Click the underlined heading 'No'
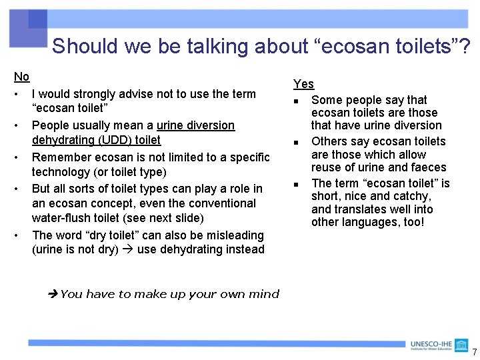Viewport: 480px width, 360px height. click(x=22, y=77)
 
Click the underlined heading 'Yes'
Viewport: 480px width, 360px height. click(x=303, y=84)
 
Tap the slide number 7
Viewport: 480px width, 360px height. click(x=474, y=352)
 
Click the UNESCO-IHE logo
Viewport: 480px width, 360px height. click(x=431, y=345)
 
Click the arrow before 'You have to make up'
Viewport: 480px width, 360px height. click(x=53, y=294)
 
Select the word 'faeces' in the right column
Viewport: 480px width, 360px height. click(x=429, y=167)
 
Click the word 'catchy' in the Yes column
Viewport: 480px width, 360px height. click(x=414, y=196)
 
